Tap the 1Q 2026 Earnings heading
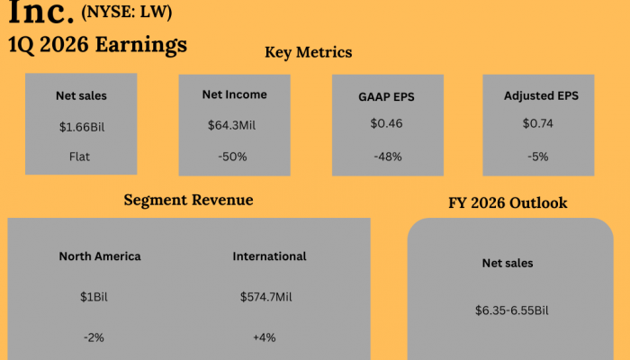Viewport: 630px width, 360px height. (97, 44)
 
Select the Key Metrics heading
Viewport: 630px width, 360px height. (309, 52)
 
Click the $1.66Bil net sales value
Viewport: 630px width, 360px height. (81, 127)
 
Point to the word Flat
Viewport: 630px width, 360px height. (81, 156)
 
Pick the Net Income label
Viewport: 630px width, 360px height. (234, 94)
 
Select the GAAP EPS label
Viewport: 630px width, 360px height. (385, 96)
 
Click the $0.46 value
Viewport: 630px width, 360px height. (385, 123)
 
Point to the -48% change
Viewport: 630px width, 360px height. (385, 156)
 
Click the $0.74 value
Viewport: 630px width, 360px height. (537, 123)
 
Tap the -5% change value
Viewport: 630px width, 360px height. (537, 156)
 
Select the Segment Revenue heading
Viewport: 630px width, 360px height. (188, 200)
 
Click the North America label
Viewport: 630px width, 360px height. (100, 256)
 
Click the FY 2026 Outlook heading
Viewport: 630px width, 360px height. (508, 203)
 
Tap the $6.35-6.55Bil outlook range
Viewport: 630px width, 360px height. (511, 310)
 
